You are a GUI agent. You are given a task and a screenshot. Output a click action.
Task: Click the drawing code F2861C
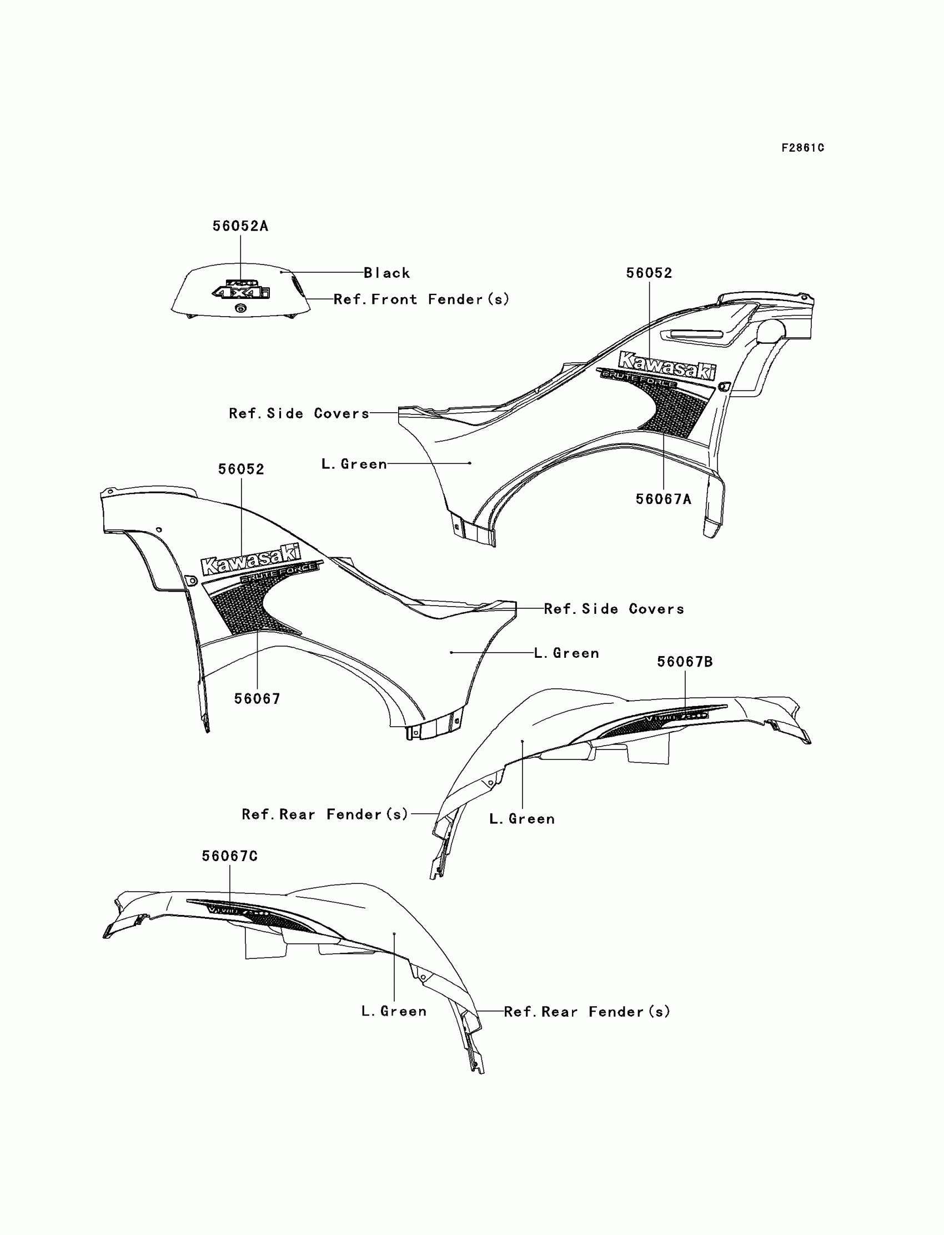tap(802, 148)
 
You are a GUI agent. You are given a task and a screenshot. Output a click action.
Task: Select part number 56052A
tap(240, 226)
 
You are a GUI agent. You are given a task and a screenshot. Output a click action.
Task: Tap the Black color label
tap(386, 273)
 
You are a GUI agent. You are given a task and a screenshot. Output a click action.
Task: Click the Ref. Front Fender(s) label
tap(421, 299)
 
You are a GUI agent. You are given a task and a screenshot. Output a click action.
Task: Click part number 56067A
tap(663, 499)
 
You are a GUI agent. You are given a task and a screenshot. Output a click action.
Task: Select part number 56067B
tap(684, 662)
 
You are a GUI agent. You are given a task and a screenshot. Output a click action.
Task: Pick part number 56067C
tap(229, 856)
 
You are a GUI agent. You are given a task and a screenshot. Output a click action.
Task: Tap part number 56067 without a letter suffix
tap(257, 699)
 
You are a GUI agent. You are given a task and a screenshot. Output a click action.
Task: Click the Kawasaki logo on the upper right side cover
tap(667, 366)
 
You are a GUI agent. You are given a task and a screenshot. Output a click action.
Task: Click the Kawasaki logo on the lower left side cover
tap(250, 559)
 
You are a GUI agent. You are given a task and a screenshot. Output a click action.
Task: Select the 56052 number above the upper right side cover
tap(649, 273)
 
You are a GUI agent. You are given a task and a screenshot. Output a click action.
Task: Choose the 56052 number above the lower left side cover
tap(241, 469)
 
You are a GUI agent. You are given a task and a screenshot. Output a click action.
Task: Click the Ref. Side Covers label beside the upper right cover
tap(299, 414)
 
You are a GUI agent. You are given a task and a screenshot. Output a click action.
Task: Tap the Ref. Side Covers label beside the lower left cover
tap(614, 609)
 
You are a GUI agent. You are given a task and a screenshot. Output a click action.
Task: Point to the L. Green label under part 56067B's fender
tap(522, 819)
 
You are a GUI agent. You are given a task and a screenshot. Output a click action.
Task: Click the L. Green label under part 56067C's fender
tap(394, 1011)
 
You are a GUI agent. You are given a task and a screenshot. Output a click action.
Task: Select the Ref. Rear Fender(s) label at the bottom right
tap(587, 1012)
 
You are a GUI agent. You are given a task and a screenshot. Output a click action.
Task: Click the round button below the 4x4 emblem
tap(240, 308)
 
